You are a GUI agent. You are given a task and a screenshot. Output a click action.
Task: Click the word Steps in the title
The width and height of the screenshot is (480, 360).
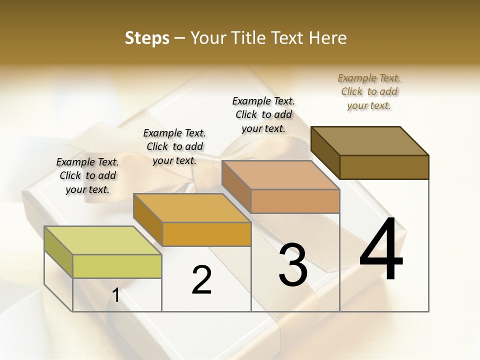click(147, 38)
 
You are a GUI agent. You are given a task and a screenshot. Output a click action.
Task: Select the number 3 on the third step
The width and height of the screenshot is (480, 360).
click(293, 265)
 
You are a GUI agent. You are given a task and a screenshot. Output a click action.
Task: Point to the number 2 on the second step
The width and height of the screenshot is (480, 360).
click(202, 280)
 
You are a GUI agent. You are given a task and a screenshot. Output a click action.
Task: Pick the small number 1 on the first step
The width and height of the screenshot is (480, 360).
click(116, 295)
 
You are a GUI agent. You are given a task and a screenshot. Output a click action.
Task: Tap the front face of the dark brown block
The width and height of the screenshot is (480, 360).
click(384, 167)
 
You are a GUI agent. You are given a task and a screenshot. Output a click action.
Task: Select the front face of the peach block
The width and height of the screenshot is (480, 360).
click(295, 201)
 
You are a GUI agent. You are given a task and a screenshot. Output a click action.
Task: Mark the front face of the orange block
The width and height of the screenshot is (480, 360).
click(206, 234)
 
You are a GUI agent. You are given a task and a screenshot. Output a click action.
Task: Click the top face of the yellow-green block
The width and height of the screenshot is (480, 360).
click(103, 240)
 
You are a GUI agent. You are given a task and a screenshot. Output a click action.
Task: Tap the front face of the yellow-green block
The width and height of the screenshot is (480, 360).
click(117, 266)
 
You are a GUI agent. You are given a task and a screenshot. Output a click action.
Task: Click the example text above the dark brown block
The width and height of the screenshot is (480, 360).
click(369, 91)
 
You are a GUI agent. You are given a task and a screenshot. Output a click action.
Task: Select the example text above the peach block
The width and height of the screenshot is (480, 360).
click(263, 114)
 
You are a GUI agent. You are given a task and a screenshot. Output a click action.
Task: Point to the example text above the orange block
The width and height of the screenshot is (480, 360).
click(174, 146)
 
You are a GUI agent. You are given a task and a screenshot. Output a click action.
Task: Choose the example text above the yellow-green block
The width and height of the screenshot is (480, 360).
click(87, 175)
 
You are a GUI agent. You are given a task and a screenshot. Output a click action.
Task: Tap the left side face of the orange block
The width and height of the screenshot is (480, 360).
click(148, 220)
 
